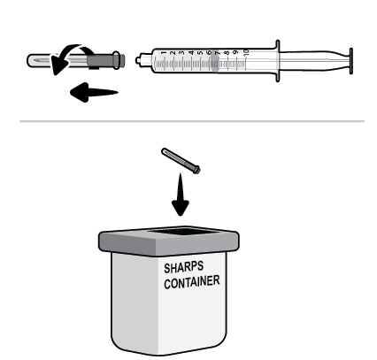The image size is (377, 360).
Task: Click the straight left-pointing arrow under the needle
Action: click(84, 92)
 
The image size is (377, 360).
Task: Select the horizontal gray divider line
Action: click(188, 120)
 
